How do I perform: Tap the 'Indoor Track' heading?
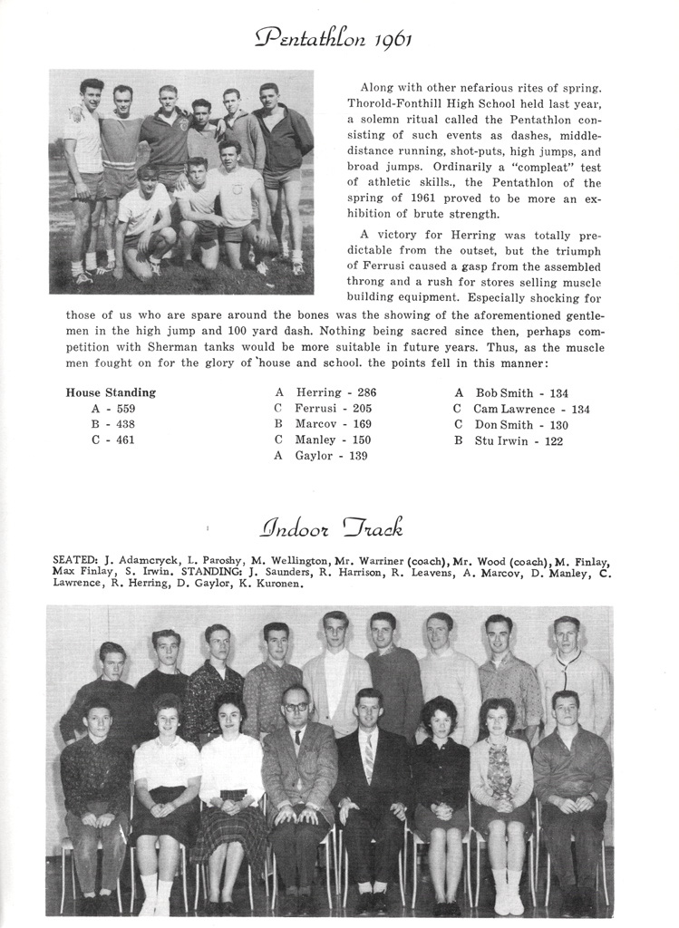click(332, 527)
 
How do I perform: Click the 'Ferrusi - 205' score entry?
click(334, 409)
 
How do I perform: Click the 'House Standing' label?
click(111, 392)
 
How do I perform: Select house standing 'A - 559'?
click(113, 409)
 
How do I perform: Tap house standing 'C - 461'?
click(113, 440)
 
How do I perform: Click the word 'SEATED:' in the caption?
click(76, 561)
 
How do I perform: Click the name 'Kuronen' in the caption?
click(277, 584)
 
